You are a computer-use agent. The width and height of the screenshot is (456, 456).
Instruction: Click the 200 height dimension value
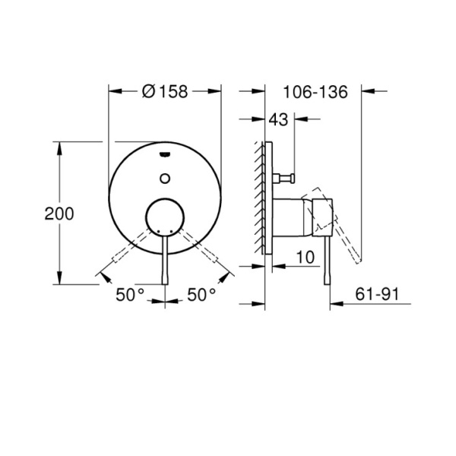coord(59,214)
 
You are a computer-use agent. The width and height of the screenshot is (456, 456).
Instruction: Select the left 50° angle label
coord(130,295)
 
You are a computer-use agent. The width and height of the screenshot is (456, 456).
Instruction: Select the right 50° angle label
coord(202,295)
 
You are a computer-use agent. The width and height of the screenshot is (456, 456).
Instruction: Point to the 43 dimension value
coord(279,119)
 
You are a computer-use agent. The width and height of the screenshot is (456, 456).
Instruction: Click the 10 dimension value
coord(306,258)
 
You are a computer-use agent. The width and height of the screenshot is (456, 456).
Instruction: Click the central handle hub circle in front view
coord(165,217)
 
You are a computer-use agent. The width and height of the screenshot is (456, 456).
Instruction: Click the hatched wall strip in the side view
coord(260,198)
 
